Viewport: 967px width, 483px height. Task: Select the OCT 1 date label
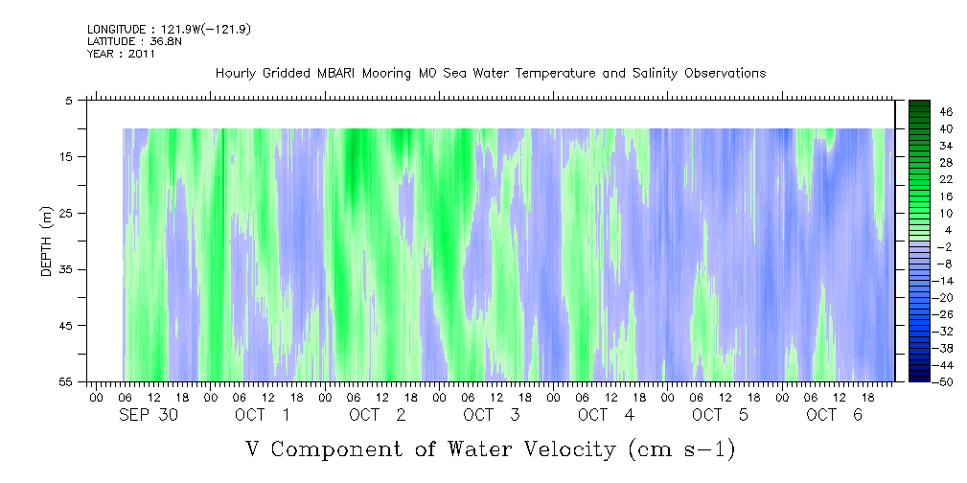tap(263, 415)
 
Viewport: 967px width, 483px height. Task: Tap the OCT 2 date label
tap(378, 415)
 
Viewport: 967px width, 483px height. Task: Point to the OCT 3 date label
tap(492, 415)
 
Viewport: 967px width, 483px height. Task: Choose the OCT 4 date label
tap(607, 415)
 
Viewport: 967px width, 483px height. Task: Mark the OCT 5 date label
tap(721, 415)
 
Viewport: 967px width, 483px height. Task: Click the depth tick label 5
tap(70, 100)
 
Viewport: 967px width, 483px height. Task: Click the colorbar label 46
tap(946, 111)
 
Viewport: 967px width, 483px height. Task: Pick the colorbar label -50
tap(945, 382)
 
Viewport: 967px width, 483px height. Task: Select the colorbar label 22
tap(946, 179)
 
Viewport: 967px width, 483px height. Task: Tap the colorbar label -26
tap(945, 314)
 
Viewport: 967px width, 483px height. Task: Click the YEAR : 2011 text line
tap(121, 54)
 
